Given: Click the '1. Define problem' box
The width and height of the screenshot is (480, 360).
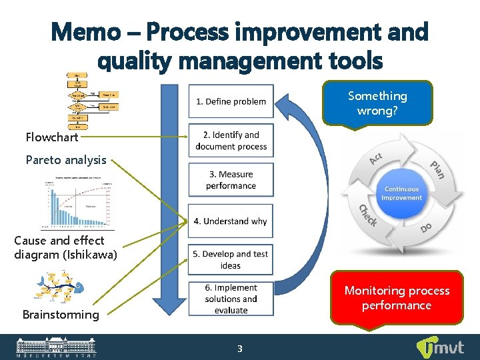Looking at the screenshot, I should click(x=231, y=101).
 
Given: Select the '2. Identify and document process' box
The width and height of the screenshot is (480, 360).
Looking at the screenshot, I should click(x=231, y=141).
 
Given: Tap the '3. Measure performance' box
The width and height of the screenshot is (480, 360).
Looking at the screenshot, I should click(x=231, y=180).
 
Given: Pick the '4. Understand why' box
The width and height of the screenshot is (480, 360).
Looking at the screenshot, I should click(x=231, y=221).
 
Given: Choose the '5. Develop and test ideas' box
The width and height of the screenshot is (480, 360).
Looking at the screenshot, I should click(x=231, y=259).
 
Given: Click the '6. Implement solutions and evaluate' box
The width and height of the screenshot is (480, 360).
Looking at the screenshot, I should click(x=231, y=299).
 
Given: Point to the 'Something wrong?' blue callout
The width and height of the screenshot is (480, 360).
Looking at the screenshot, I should click(x=377, y=103).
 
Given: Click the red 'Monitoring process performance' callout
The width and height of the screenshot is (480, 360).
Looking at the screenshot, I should click(x=397, y=298).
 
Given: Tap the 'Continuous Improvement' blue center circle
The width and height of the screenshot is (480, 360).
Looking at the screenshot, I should click(x=401, y=193).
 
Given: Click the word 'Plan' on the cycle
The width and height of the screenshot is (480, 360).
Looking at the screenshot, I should click(x=437, y=169).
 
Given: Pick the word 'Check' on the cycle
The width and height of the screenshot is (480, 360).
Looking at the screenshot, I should click(x=367, y=215).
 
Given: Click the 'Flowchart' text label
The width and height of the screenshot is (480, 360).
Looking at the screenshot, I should click(x=52, y=137).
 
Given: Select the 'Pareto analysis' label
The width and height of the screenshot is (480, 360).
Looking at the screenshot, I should click(x=66, y=160).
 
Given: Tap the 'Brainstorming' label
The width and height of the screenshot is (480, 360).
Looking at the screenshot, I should click(x=61, y=315).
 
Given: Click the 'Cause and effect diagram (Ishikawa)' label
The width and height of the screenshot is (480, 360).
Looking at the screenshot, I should click(x=65, y=247).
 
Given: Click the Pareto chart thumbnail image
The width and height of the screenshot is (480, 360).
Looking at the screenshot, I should click(x=77, y=202).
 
